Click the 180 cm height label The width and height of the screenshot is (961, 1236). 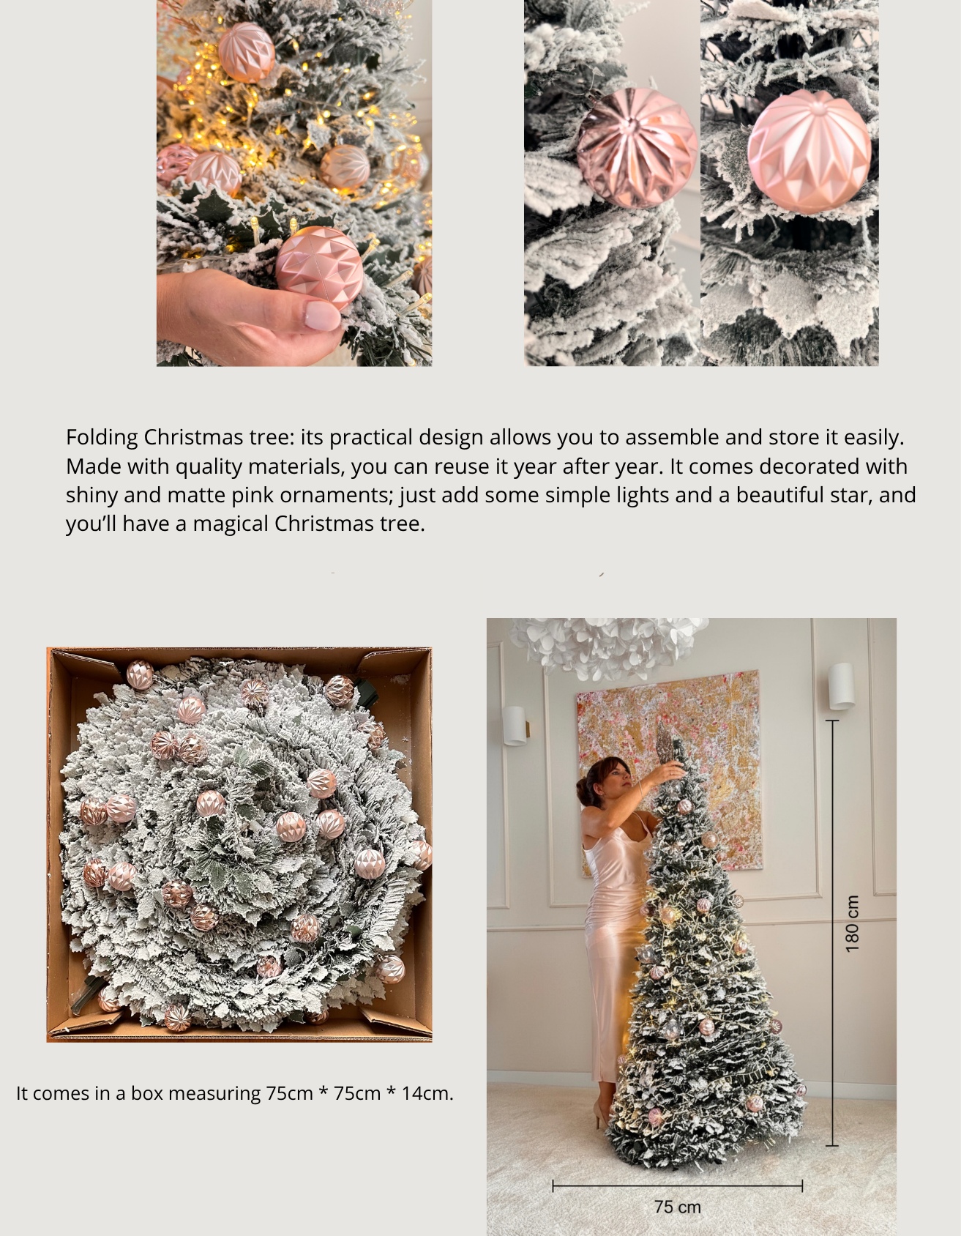pos(852,923)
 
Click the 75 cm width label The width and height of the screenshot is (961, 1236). pos(678,1207)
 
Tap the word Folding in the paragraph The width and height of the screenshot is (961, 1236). pos(102,438)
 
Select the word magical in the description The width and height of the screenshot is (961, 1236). pos(230,524)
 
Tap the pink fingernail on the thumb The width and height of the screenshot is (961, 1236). pos(322,316)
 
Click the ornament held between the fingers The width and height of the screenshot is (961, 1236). pos(319,268)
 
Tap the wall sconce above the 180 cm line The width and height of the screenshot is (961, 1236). pos(841,686)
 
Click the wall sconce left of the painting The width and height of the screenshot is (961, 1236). pos(515,725)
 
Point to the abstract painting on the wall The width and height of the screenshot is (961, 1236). pos(669,769)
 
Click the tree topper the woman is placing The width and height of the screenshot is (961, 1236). pos(668,745)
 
